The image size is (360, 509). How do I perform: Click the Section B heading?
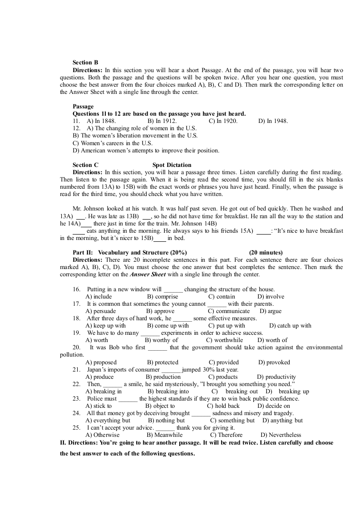(85, 63)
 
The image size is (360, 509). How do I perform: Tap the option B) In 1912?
(162, 121)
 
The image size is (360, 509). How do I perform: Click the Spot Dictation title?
(172, 165)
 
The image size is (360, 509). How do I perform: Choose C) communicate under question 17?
(229, 311)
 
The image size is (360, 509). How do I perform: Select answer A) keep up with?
(106, 326)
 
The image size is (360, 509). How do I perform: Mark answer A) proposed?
(101, 362)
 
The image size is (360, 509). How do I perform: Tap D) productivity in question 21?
(276, 377)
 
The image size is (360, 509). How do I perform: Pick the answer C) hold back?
(223, 406)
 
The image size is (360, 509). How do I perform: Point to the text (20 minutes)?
(266, 253)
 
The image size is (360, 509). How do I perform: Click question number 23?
(76, 399)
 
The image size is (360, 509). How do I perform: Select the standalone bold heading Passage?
(83, 107)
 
